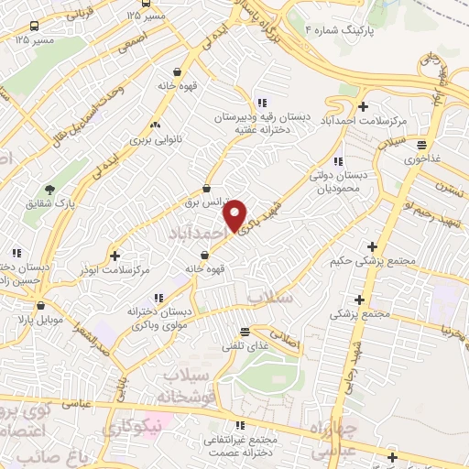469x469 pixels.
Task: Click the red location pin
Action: (236, 214)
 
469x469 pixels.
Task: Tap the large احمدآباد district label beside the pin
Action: (195, 235)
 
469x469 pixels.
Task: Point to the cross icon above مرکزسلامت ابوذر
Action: (115, 255)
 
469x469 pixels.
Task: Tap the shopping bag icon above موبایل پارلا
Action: (38, 306)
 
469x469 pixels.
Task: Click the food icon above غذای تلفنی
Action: (244, 332)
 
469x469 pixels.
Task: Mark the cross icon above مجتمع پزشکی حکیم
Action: (371, 246)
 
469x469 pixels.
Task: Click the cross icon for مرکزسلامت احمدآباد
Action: (364, 108)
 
